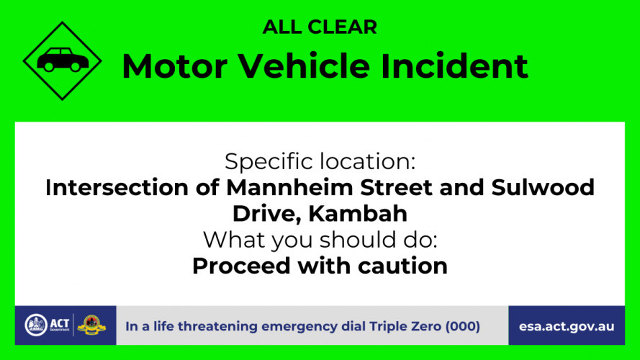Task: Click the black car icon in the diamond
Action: [63, 60]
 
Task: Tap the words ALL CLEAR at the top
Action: [320, 27]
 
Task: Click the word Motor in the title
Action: [175, 66]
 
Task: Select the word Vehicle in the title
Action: [304, 66]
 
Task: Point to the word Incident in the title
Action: [454, 66]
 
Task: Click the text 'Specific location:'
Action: [320, 161]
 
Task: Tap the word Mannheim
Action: [289, 187]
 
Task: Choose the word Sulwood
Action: [543, 187]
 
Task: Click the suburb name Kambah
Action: [358, 213]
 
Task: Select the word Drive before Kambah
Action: [267, 214]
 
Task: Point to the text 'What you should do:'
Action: [320, 240]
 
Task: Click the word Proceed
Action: [242, 266]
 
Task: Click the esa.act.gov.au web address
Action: [567, 327]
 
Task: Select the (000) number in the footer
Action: [462, 327]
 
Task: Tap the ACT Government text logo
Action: [60, 325]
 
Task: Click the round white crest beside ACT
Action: [36, 325]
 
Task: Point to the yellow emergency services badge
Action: [91, 325]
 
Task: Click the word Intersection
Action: [117, 187]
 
